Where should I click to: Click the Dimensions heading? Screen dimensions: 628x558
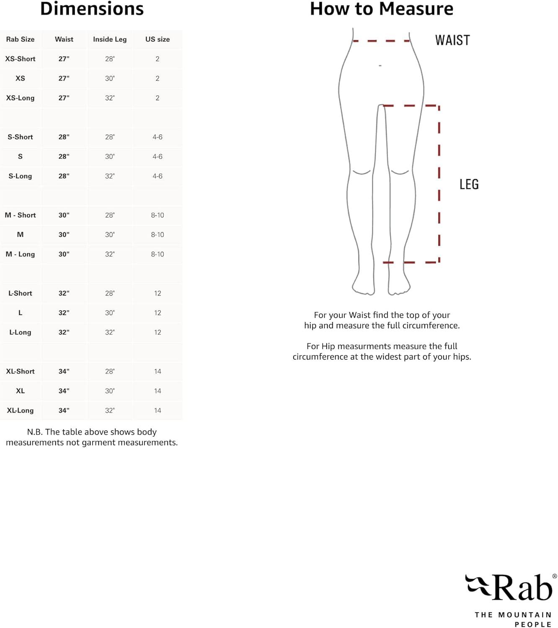point(92,9)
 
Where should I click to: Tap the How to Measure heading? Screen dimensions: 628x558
point(381,9)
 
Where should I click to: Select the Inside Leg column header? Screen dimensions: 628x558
point(110,39)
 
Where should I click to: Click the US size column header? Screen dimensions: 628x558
point(158,39)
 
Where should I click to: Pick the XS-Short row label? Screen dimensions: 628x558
point(20,59)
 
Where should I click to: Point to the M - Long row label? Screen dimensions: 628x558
point(20,254)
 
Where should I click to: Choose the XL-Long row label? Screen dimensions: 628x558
point(20,410)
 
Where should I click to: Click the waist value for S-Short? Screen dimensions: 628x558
point(64,137)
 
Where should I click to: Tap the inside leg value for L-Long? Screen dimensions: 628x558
point(110,332)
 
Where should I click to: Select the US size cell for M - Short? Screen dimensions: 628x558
point(158,215)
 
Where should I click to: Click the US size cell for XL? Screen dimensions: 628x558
point(158,391)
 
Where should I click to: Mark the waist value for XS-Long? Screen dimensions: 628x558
point(64,98)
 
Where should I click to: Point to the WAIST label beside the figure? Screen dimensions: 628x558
point(452,40)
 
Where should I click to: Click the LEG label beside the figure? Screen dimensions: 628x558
point(469,184)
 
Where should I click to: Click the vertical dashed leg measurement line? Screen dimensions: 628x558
point(439,184)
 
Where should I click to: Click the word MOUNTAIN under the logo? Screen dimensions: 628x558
point(525,615)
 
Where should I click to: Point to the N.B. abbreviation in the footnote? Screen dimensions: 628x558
point(35,432)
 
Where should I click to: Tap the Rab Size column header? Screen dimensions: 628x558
point(20,39)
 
